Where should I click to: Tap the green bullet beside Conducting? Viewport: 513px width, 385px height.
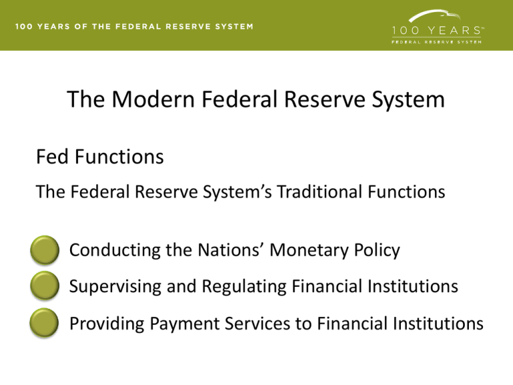click(45, 251)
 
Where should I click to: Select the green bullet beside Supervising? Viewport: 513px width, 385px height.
click(45, 287)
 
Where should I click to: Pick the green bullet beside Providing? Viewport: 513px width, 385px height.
click(45, 324)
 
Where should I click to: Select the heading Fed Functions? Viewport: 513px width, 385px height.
click(100, 158)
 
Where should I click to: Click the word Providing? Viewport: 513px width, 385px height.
click(102, 324)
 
